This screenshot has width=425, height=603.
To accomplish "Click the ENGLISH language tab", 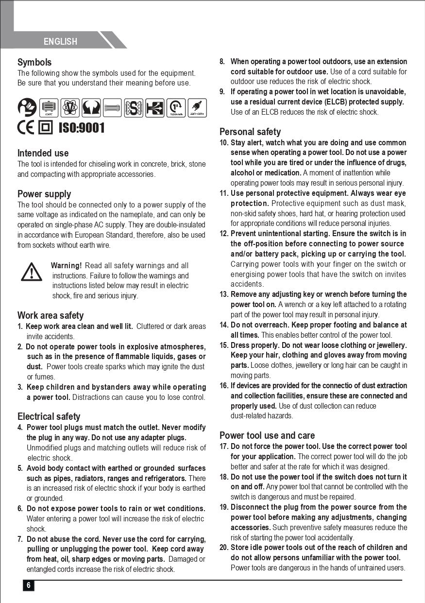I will click(x=60, y=41).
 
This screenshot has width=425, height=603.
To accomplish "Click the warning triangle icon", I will click(x=32, y=272).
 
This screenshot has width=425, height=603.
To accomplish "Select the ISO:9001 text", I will click(x=81, y=128).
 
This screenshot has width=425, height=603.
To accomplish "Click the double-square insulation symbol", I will click(x=46, y=128).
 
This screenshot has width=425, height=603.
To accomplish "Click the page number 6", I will click(x=29, y=585).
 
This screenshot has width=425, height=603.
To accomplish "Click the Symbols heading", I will click(x=34, y=62).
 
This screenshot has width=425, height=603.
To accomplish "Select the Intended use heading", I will click(x=43, y=153).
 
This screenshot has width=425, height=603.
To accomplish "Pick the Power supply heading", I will click(x=44, y=194).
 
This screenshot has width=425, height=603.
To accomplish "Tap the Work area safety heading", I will click(x=51, y=315).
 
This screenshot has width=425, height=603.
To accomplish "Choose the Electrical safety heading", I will click(x=49, y=416).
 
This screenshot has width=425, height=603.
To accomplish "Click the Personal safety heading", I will click(x=250, y=132).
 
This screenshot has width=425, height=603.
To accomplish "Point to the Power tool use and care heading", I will click(x=267, y=435).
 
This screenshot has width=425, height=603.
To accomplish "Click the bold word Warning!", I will click(x=66, y=266).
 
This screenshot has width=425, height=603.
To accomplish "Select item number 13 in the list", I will click(x=224, y=294).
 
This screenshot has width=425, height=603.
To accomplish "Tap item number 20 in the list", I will click(x=224, y=548).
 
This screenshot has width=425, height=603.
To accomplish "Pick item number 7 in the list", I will click(x=20, y=539).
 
